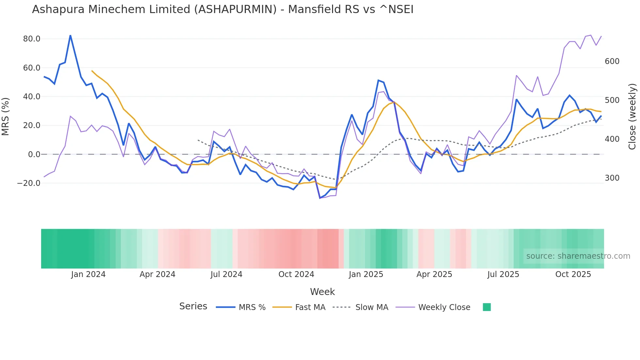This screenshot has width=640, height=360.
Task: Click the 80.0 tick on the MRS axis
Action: pyautogui.click(x=31, y=39)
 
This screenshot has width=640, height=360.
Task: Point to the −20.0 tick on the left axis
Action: pyautogui.click(x=29, y=183)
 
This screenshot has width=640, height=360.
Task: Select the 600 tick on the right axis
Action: pyautogui.click(x=612, y=61)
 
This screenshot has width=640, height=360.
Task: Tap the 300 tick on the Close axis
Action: pyautogui.click(x=612, y=178)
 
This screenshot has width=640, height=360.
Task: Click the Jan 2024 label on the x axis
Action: pyautogui.click(x=88, y=274)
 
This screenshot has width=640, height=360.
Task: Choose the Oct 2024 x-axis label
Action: pyautogui.click(x=296, y=274)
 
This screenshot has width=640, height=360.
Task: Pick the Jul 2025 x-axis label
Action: pyautogui.click(x=503, y=274)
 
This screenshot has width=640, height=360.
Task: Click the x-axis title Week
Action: pyautogui.click(x=322, y=292)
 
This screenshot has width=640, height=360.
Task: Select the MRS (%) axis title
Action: pyautogui.click(x=6, y=117)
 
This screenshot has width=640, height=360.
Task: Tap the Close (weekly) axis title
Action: pyautogui.click(x=632, y=117)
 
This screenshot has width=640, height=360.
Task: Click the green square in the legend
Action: pyautogui.click(x=487, y=307)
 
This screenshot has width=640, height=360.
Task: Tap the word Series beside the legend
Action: pyautogui.click(x=193, y=306)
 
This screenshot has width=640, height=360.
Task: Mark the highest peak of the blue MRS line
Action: pyautogui.click(x=71, y=35)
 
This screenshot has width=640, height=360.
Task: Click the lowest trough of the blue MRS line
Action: pyautogui.click(x=320, y=198)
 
